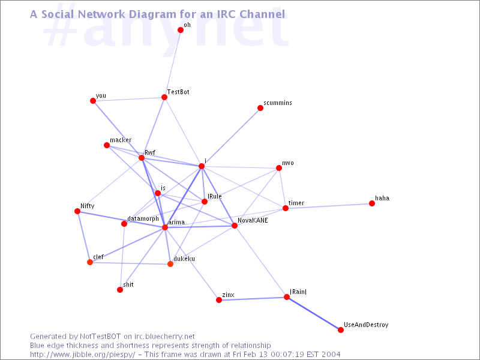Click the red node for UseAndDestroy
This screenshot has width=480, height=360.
tap(341, 329)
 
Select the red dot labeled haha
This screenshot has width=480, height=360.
tap(372, 203)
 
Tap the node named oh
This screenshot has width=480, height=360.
tap(181, 30)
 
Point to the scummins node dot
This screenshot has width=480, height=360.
tap(260, 108)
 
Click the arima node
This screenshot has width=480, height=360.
tap(165, 227)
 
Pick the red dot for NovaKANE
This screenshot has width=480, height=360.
tap(235, 226)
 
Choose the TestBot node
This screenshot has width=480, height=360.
tap(164, 97)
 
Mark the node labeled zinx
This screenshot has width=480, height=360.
tap(219, 300)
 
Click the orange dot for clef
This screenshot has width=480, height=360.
tap(90, 262)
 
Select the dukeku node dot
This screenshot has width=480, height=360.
tap(170, 264)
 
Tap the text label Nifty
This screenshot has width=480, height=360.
tap(88, 206)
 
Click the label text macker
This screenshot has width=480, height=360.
tap(121, 140)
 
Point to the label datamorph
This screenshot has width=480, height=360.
tap(143, 218)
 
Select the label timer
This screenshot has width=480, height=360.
tap(296, 203)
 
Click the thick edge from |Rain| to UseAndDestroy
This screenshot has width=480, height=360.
tap(314, 313)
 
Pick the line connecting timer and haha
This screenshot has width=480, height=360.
tap(329, 206)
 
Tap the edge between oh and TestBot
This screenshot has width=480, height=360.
tap(172, 64)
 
